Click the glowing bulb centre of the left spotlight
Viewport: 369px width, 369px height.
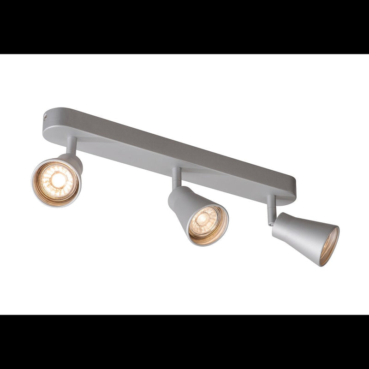[x=57, y=181]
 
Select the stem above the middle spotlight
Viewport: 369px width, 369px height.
[x=176, y=178]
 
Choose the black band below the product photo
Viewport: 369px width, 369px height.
[x=184, y=341]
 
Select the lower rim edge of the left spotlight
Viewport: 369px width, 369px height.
[x=53, y=205]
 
